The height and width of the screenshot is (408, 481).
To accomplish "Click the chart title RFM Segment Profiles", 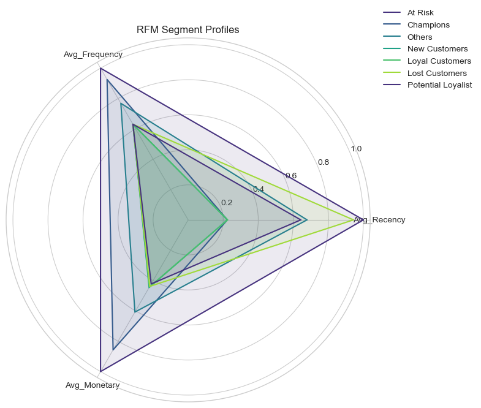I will coord(187,30).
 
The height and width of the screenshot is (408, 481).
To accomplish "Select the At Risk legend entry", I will coord(420,13).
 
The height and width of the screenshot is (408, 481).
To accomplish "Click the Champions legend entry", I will coord(428,25).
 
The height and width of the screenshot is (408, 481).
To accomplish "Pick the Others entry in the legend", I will coord(420,37).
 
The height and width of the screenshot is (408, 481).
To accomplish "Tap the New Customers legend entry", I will coord(437,49).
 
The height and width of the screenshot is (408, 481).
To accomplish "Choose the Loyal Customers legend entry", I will coord(439,61).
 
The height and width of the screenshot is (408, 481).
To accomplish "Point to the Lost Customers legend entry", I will coord(437,73).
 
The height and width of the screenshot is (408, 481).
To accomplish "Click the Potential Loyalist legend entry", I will coord(439,85).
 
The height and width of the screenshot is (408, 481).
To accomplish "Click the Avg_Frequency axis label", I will coord(93,55).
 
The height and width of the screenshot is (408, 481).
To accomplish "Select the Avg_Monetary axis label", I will coord(93,385).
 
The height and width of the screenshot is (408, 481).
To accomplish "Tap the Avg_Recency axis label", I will coord(380,220).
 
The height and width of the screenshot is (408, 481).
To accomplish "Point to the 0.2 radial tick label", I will coord(227,203).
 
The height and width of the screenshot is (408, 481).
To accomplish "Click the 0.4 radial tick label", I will coord(259,189).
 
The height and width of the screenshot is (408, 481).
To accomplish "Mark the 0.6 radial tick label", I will coord(291,176).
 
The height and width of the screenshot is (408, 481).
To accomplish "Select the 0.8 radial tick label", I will coord(323,162).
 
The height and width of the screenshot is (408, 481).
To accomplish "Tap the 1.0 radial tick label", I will coord(355,149).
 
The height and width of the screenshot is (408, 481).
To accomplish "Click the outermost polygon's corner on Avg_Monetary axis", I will coord(100,371).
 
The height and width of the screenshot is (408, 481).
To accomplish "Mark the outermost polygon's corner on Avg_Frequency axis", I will coord(100,69).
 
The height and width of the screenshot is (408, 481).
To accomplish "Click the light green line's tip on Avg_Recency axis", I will coord(354,220).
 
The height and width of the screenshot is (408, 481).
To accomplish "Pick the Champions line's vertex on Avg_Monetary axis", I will coord(113,349).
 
